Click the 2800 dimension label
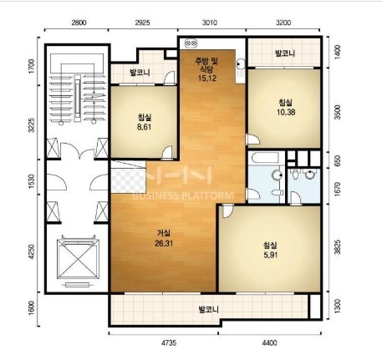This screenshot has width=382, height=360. [79, 23]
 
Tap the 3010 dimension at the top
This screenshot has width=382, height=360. [210, 23]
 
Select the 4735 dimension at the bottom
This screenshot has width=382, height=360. [169, 342]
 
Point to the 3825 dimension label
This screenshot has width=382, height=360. [338, 247]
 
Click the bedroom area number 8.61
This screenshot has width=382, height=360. [144, 127]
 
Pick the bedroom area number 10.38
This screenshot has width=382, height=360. [286, 112]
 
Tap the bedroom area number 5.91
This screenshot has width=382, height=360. [270, 255]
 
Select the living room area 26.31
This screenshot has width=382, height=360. [164, 243]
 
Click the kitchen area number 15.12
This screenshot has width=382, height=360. [207, 79]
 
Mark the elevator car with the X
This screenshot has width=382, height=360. [78, 259]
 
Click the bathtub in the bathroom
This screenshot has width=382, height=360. [265, 158]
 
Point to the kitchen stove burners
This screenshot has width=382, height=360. [191, 43]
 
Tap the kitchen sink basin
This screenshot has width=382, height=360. [240, 63]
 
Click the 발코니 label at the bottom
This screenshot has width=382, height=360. [208, 310]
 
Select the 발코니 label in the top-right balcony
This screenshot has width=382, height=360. [285, 53]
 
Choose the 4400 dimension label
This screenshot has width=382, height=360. [269, 342]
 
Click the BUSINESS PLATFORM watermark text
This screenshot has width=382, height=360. [183, 195]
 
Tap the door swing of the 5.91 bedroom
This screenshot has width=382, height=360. [228, 211]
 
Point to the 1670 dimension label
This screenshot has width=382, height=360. [338, 190]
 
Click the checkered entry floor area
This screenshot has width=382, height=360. [129, 180]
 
